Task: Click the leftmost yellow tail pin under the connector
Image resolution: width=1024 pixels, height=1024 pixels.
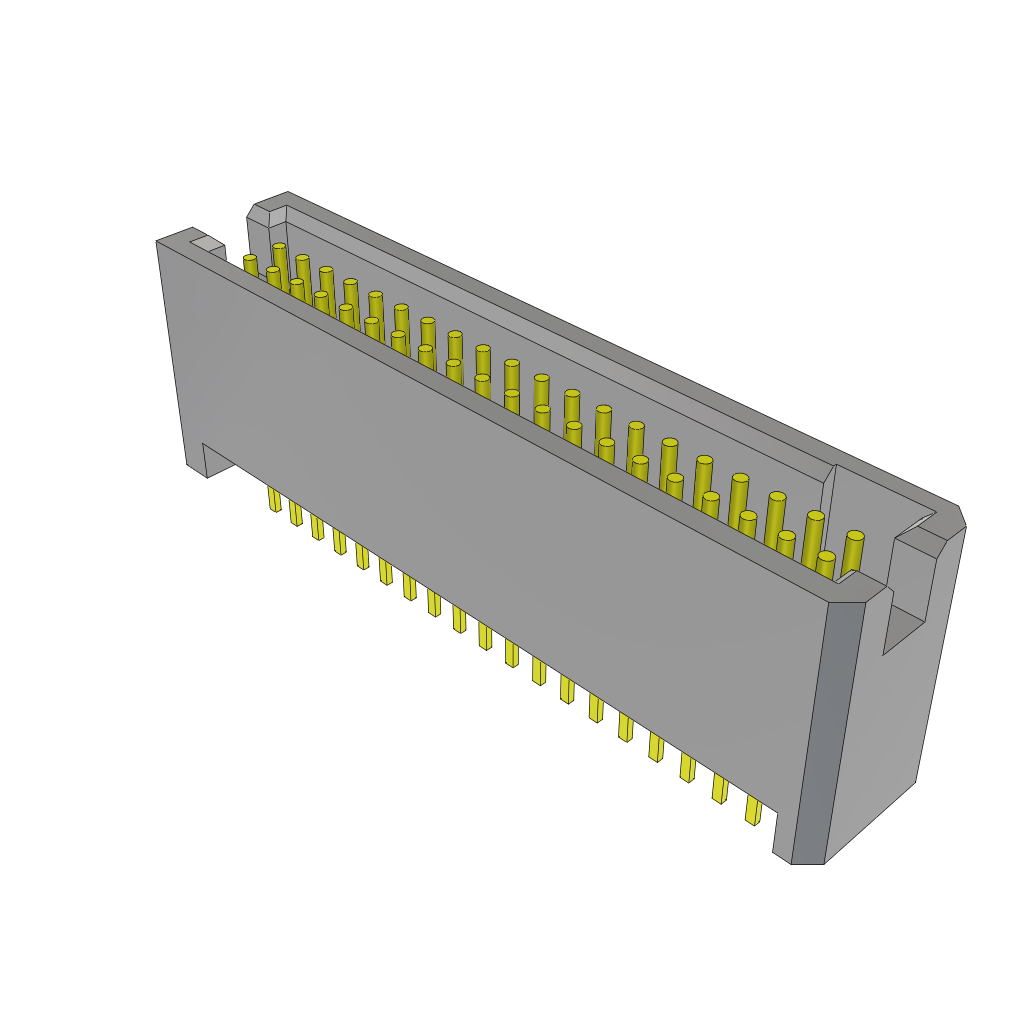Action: (274, 499)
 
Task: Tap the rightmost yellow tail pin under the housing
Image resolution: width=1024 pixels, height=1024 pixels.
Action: (753, 809)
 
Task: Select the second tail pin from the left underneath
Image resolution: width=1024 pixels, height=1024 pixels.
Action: (295, 513)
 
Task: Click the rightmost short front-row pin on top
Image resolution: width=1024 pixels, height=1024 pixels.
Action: (825, 565)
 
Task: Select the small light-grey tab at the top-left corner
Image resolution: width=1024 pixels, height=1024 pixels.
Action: (207, 243)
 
